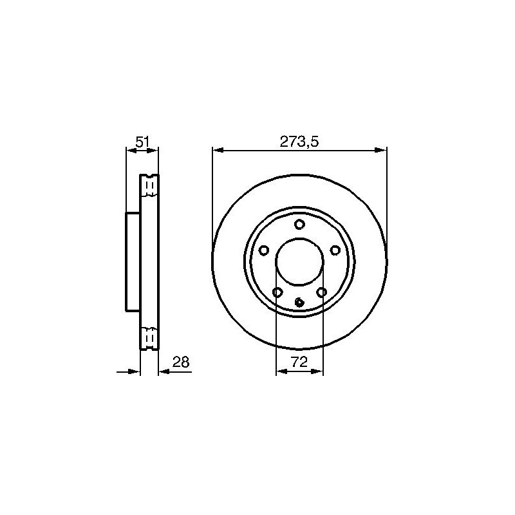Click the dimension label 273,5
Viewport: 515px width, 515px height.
299,142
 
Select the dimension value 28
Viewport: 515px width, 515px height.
181,362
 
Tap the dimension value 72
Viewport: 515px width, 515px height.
299,362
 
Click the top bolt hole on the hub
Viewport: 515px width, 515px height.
299,225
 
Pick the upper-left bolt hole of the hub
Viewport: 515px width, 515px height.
264,250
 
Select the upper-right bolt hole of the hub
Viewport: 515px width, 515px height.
335,250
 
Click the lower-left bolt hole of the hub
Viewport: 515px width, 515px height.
277,292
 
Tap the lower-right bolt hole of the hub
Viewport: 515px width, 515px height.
321,292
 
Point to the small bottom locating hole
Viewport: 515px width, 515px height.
299,302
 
